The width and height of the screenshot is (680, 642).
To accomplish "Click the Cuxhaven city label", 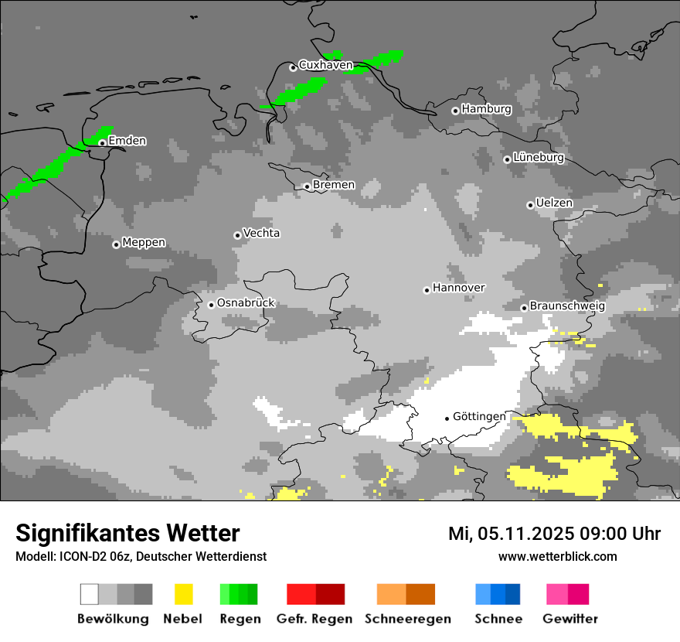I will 325,66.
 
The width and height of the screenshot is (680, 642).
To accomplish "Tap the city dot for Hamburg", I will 455,111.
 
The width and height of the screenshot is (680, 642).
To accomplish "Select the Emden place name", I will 127,141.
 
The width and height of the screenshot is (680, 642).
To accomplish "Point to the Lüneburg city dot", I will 507,159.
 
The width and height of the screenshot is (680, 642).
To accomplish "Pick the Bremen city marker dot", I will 307,186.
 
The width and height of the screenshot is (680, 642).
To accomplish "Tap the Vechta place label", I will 261,234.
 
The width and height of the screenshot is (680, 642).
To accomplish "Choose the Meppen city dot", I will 116,244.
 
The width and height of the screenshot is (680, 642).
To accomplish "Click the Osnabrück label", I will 246,303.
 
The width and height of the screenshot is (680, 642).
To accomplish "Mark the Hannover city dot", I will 427,290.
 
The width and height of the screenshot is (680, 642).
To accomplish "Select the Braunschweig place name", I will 567,306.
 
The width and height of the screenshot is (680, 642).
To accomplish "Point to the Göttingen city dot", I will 447,418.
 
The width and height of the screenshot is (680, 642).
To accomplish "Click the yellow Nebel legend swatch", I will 183,594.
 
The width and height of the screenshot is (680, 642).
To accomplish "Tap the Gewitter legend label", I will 570,619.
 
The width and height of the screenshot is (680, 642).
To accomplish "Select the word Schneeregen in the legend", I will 408,619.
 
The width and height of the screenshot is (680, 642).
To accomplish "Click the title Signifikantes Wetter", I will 127,534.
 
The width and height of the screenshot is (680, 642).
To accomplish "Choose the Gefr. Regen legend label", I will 314,619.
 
